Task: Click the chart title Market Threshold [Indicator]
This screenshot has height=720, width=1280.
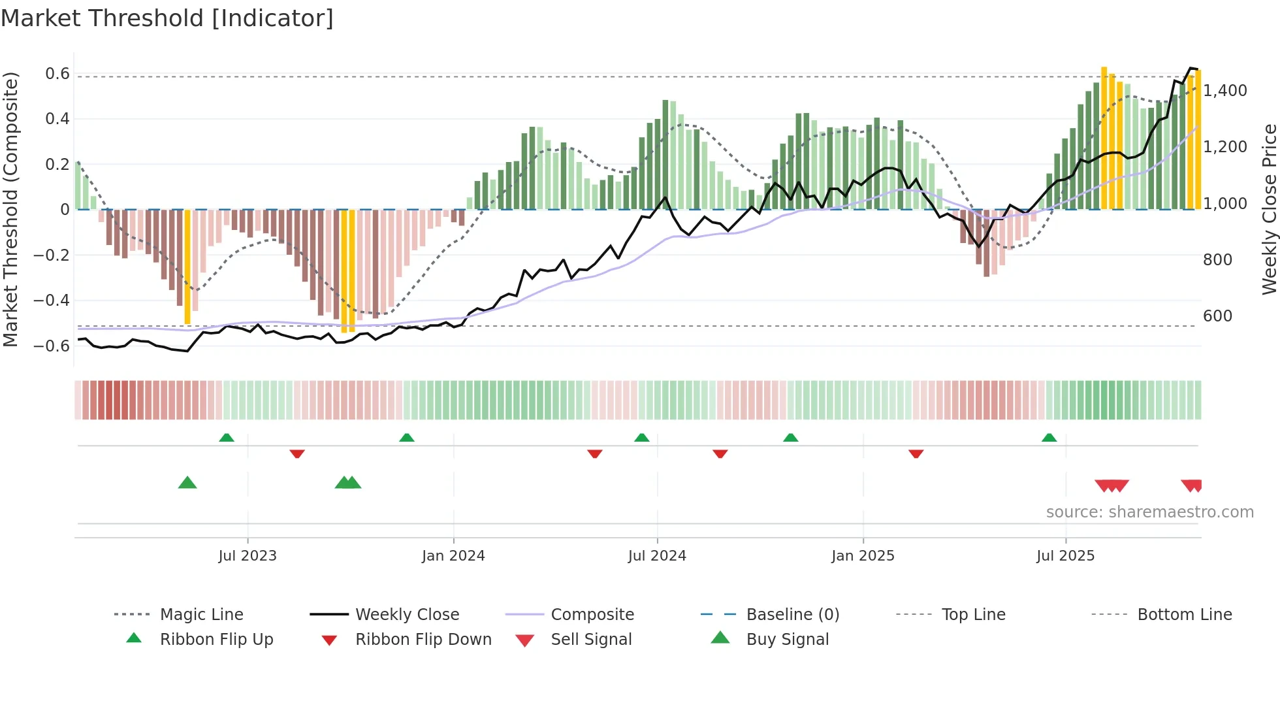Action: tap(167, 18)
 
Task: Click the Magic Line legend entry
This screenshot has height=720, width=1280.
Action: tap(201, 614)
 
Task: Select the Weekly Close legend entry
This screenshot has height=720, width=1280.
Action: tap(407, 614)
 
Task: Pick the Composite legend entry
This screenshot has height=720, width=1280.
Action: tap(592, 614)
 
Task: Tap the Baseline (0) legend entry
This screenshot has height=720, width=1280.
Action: tap(792, 614)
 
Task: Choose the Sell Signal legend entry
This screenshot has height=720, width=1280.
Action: tap(590, 639)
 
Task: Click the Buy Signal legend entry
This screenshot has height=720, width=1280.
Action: tap(787, 639)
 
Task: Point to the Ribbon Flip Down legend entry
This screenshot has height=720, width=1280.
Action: tap(423, 639)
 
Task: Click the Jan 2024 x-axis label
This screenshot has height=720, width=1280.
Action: tap(453, 555)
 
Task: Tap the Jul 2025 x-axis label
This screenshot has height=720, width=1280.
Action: tap(1065, 555)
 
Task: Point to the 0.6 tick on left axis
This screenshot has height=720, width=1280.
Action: tap(57, 74)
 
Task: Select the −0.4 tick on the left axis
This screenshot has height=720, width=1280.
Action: tap(52, 301)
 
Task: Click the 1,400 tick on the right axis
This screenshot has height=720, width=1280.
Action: tap(1225, 91)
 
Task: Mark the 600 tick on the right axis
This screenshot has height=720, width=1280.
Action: tap(1217, 316)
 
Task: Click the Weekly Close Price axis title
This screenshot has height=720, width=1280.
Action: tap(1269, 209)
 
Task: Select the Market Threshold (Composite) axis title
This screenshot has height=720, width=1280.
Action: tap(10, 209)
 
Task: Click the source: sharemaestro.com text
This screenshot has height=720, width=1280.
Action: tap(1149, 512)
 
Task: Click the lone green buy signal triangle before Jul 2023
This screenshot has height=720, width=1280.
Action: tap(187, 483)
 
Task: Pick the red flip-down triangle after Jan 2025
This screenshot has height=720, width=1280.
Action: tap(916, 453)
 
